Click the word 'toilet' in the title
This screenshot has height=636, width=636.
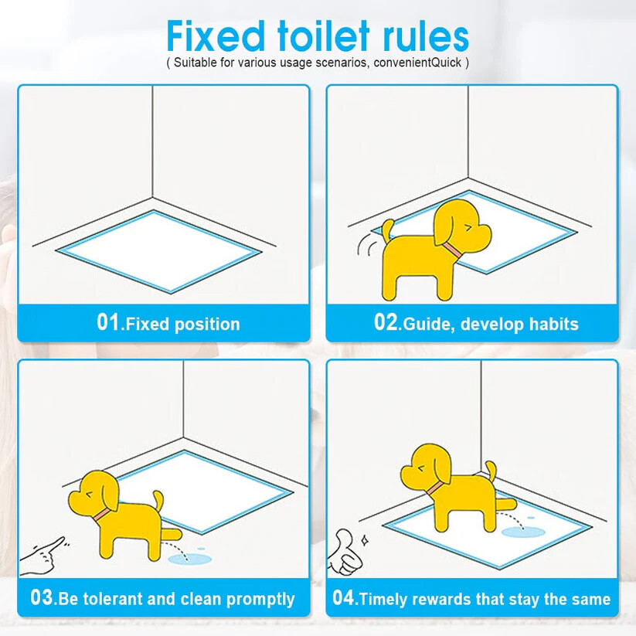[x=324, y=36]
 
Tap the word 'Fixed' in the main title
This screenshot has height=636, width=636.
[x=216, y=36]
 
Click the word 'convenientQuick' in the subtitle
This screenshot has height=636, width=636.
[x=417, y=63]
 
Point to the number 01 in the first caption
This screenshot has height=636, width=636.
[x=108, y=322]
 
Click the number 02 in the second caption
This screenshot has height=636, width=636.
[x=386, y=322]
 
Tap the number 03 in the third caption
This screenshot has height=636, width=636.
[x=42, y=597]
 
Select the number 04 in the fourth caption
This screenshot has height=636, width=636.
[x=344, y=597]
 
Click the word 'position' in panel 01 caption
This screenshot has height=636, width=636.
[x=207, y=325]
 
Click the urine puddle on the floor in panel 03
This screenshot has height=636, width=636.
[x=190, y=559]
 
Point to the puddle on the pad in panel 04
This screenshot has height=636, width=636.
[x=523, y=532]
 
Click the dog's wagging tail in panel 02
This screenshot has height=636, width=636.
[x=388, y=230]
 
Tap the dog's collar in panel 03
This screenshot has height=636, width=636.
[x=102, y=515]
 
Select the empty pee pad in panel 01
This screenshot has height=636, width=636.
[x=159, y=251]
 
